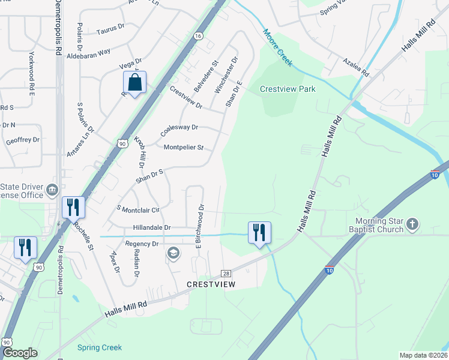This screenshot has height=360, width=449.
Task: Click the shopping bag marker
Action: pyautogui.click(x=134, y=83)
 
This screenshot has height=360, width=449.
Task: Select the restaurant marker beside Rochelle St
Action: pyautogui.click(x=73, y=208)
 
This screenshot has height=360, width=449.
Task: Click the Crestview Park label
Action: pyautogui.click(x=288, y=89)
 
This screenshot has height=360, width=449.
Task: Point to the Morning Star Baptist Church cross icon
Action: pyautogui.click(x=412, y=224)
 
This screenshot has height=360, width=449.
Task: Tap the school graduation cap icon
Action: pyautogui.click(x=173, y=253)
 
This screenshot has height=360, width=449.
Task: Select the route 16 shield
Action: pyautogui.click(x=198, y=36)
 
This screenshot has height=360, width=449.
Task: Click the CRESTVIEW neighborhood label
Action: pyautogui.click(x=211, y=284)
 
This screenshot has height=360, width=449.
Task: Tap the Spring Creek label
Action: pyautogui.click(x=100, y=347)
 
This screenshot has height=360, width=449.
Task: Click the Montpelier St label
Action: pyautogui.click(x=184, y=147)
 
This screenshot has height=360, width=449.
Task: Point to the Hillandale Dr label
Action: pyautogui.click(x=152, y=228)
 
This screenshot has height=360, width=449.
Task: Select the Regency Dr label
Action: pyautogui.click(x=142, y=244)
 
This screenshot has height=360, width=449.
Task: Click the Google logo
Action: pyautogui.click(x=20, y=353)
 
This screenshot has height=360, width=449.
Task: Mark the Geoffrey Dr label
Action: pyautogui.click(x=22, y=139)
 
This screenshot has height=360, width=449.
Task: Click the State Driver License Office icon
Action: pyautogui.click(x=52, y=190)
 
